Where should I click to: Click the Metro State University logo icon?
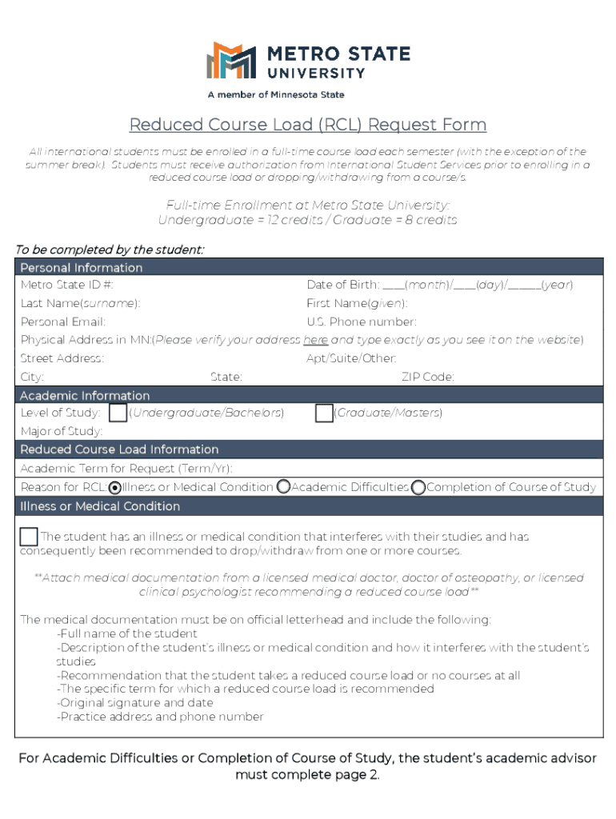click(x=231, y=62)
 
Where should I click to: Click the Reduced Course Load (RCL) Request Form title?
click(x=308, y=125)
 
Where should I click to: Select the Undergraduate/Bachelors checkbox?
click(x=118, y=413)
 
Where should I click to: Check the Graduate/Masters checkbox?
click(x=324, y=413)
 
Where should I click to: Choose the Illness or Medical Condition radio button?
click(x=115, y=487)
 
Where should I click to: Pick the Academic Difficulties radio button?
click(x=283, y=487)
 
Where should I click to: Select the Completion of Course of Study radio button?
click(x=418, y=487)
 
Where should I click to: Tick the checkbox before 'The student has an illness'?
click(x=29, y=537)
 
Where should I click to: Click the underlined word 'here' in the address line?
click(x=315, y=340)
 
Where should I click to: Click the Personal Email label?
click(x=63, y=322)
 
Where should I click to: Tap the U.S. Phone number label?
click(x=362, y=322)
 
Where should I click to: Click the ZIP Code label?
click(x=428, y=377)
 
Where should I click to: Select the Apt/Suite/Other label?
click(x=351, y=358)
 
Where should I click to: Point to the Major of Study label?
click(x=62, y=432)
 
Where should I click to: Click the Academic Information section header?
click(x=85, y=395)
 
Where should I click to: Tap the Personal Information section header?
click(x=82, y=267)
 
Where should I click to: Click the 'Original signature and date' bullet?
click(x=134, y=702)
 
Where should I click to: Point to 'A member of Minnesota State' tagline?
click(x=276, y=95)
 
